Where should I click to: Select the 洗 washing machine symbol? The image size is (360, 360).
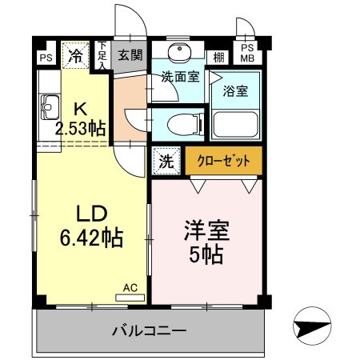point(165,160)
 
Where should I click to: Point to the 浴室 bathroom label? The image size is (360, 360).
point(235,91)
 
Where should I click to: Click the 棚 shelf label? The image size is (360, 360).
point(218,56)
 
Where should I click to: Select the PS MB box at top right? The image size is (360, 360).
point(246,53)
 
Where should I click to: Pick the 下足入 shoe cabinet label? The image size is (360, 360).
point(102,57)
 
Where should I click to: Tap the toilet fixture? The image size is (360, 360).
point(182,124)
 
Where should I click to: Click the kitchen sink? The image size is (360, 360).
point(50,104)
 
